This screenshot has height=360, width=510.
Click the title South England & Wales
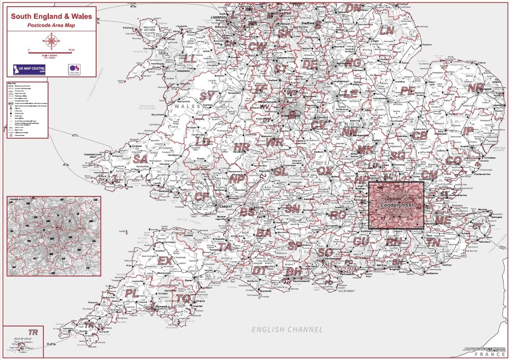(x=52, y=17)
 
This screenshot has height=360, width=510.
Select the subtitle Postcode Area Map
(x=52, y=25)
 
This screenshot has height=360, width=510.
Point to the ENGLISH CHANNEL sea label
(x=287, y=330)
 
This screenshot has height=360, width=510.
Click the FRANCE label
(x=491, y=354)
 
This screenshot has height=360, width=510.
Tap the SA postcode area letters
(x=140, y=159)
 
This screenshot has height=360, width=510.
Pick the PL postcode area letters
(x=131, y=294)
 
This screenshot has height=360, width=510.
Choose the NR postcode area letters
(x=476, y=87)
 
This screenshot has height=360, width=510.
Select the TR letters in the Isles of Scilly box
(x=33, y=332)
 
